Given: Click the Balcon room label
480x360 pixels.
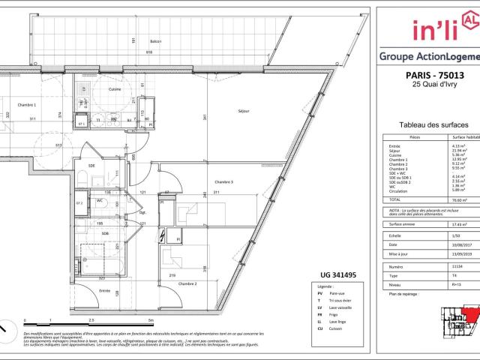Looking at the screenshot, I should click(x=155, y=41).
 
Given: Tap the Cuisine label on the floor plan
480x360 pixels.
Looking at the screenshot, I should click(x=115, y=89).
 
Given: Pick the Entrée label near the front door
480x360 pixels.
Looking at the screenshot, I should click(x=104, y=290).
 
